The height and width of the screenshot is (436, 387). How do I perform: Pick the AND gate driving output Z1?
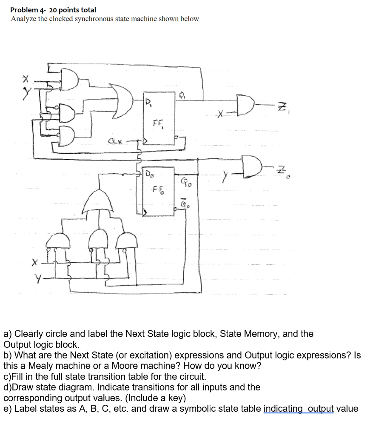246,102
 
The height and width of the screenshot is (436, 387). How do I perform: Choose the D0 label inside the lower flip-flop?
149,174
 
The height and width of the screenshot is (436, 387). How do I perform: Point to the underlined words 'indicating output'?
299,409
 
